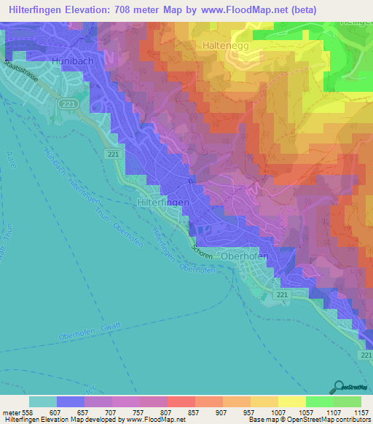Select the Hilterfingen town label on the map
pyautogui.click(x=163, y=202)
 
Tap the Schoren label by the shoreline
pyautogui.click(x=203, y=249)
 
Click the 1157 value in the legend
pyautogui.click(x=362, y=412)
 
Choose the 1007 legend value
pyautogui.click(x=278, y=412)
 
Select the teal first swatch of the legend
pyautogui.click(x=42, y=401)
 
